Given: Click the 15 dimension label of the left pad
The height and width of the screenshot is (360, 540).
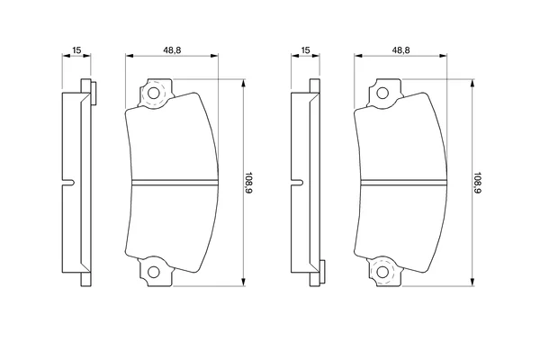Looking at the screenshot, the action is click(76, 50).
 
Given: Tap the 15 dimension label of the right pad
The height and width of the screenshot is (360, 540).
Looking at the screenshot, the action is click(305, 50).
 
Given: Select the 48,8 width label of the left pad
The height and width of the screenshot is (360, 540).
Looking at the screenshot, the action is click(172, 50).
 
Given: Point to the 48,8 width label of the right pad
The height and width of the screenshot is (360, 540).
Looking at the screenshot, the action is click(400, 50).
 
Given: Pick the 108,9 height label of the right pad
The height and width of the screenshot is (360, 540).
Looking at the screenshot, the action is click(478, 183).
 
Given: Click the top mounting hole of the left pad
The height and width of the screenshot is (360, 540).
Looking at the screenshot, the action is click(153, 93).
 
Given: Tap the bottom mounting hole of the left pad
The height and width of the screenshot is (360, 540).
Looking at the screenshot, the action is click(154, 272).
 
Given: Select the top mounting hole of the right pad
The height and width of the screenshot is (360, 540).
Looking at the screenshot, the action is click(382, 93).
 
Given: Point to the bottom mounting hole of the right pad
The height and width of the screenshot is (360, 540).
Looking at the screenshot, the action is click(382, 272).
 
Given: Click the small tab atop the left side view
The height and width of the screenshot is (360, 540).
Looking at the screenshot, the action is click(94, 93).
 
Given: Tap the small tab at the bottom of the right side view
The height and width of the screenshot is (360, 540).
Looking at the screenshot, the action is click(322, 272).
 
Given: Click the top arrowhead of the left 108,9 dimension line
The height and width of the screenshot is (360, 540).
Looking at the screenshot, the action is click(244, 83).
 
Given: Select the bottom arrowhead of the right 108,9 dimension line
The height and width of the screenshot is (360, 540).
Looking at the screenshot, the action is click(472, 282).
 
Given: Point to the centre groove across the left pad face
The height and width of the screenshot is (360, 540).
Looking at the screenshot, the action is click(175, 183).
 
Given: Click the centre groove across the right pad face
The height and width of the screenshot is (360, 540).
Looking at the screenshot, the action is click(404, 183).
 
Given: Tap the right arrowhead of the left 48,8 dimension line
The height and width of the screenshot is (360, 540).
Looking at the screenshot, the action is click(214, 56).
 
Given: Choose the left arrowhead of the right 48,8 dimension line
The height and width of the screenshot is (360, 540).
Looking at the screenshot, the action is click(359, 56).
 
